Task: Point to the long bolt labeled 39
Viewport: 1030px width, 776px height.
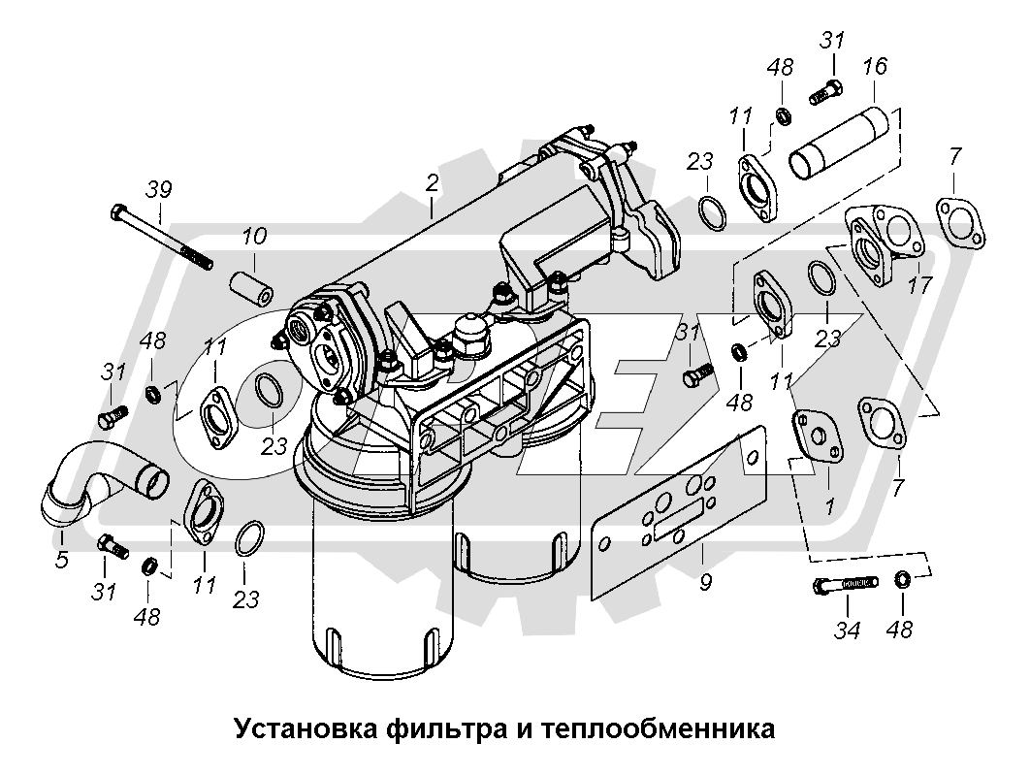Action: [x=160, y=234]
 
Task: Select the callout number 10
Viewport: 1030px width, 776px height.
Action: [x=254, y=237]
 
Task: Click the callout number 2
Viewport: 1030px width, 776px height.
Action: [x=433, y=182]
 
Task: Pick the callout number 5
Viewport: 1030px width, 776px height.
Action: [x=62, y=559]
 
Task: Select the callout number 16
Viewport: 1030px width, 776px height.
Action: [x=874, y=67]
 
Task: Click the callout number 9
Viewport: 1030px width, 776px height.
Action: [x=705, y=583]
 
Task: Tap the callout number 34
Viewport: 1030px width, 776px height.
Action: [x=848, y=630]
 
